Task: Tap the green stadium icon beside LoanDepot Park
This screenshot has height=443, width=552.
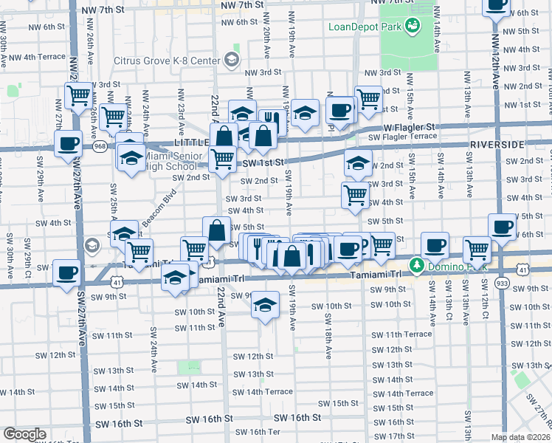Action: point(413,27)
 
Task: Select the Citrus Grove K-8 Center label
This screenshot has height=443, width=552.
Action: point(168,60)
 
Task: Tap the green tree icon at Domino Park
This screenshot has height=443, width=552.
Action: point(417,264)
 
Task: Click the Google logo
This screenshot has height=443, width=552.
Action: point(24,434)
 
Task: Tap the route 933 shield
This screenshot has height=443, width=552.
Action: point(502,283)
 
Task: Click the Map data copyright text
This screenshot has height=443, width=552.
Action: point(521,437)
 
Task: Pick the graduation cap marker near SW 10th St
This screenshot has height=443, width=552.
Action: point(265,305)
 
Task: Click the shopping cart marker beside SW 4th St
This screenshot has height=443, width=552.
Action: point(356,196)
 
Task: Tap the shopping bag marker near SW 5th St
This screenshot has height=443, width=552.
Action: point(217,230)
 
